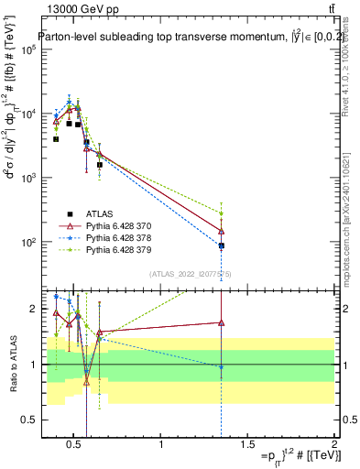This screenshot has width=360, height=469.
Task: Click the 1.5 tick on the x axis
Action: [x=248, y=445]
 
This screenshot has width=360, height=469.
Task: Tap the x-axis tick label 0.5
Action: [x=76, y=445]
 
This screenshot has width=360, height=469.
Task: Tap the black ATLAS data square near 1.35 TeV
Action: [x=221, y=245]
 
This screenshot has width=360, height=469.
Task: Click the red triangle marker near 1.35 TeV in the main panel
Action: [x=221, y=231]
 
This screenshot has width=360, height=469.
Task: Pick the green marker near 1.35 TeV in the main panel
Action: [x=221, y=213]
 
